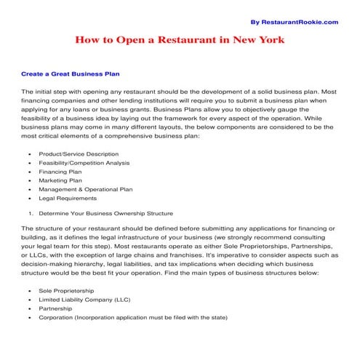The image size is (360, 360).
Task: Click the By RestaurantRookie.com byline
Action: click(x=295, y=22)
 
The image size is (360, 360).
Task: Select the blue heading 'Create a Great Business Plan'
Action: click(x=71, y=74)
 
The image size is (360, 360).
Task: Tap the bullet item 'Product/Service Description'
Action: click(x=78, y=154)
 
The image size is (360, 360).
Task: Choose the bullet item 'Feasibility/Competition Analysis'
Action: click(x=86, y=163)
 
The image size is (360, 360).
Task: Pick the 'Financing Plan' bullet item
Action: click(x=60, y=172)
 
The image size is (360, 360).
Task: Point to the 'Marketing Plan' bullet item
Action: click(x=60, y=180)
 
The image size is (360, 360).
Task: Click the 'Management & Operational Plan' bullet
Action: click(x=85, y=189)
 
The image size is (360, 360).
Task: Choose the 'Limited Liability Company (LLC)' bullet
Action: click(x=85, y=300)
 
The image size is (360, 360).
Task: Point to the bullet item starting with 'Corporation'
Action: click(x=133, y=317)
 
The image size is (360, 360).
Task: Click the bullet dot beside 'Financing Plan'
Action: click(x=28, y=172)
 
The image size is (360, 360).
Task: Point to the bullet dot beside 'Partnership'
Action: click(x=28, y=309)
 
